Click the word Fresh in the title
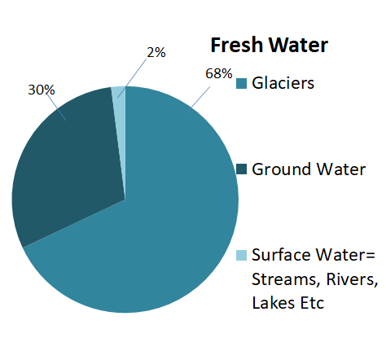[236, 45]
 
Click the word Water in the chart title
[298, 45]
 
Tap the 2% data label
[156, 52]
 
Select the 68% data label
[219, 73]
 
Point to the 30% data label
[42, 90]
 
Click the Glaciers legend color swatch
[241, 84]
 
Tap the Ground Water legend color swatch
[241, 169]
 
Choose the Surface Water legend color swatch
[241, 255]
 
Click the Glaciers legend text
[283, 83]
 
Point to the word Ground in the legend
[282, 169]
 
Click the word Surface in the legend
[282, 255]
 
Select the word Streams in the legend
[287, 279]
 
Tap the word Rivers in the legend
[352, 279]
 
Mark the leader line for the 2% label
[132, 78]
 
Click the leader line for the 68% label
[196, 102]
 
